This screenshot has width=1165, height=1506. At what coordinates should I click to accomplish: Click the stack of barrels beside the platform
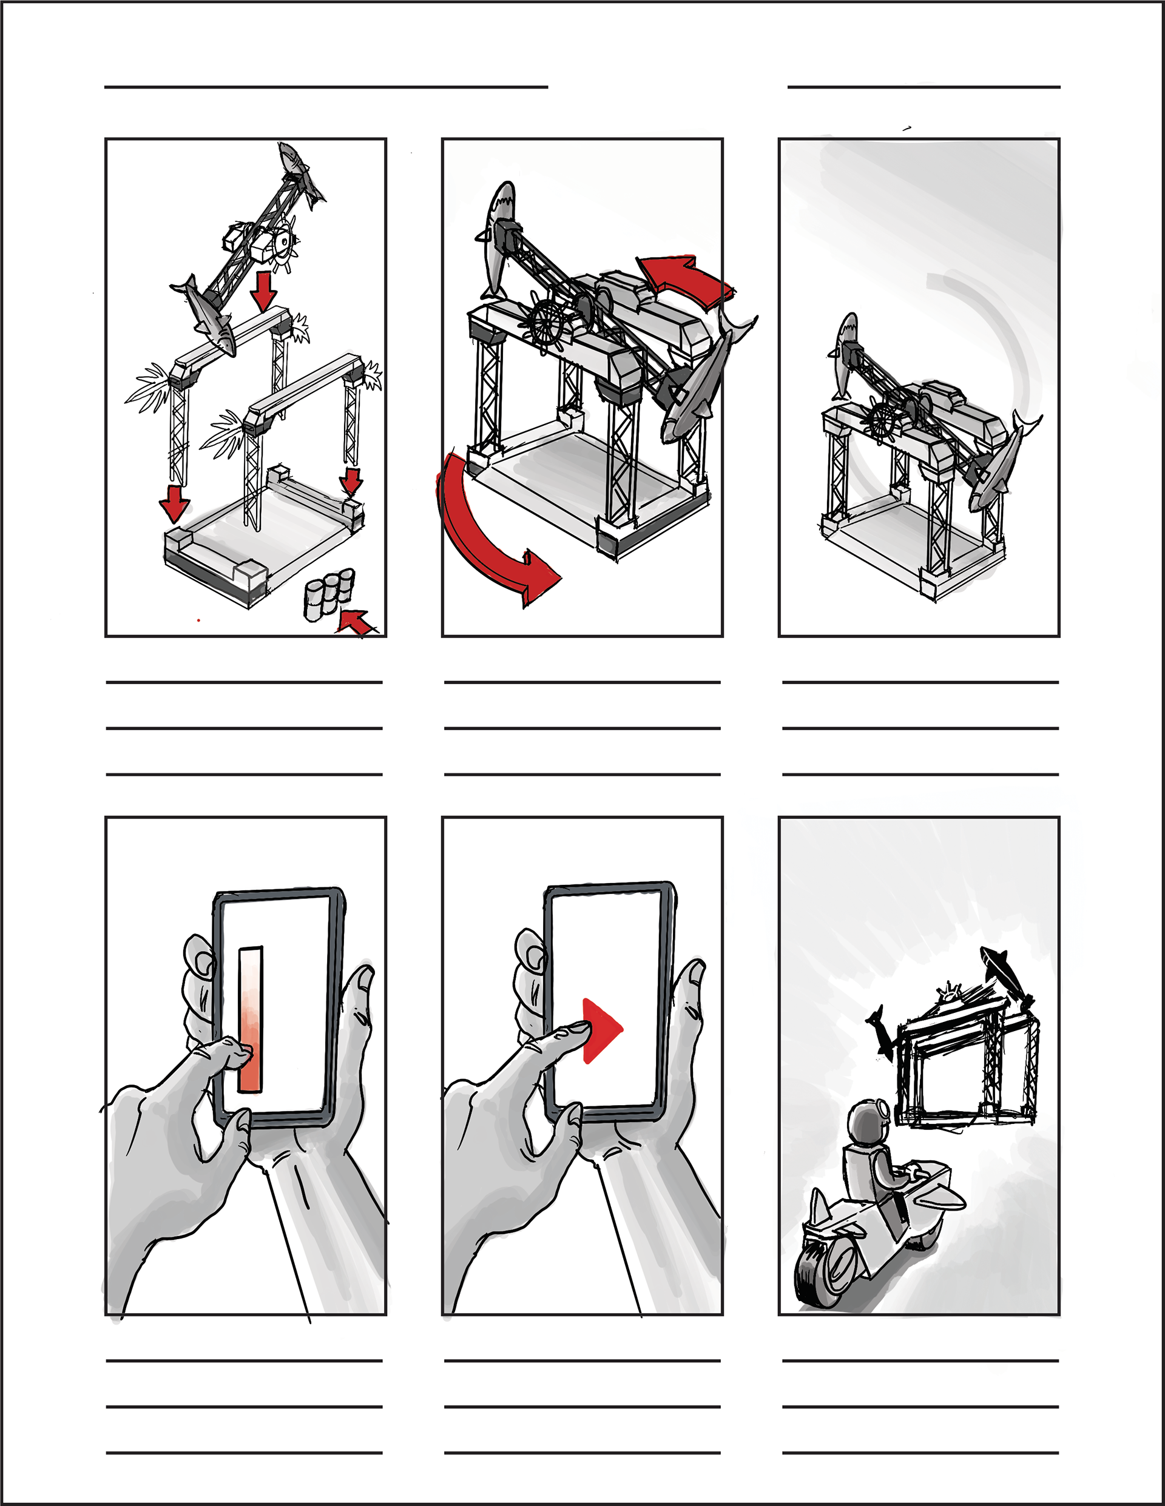329,593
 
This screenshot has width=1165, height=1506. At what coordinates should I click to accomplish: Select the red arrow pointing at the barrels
357,620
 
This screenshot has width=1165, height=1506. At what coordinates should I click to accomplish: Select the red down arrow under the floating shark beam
263,291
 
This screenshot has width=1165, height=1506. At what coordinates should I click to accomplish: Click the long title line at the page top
326,87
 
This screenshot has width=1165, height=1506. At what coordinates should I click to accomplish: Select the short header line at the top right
923,87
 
